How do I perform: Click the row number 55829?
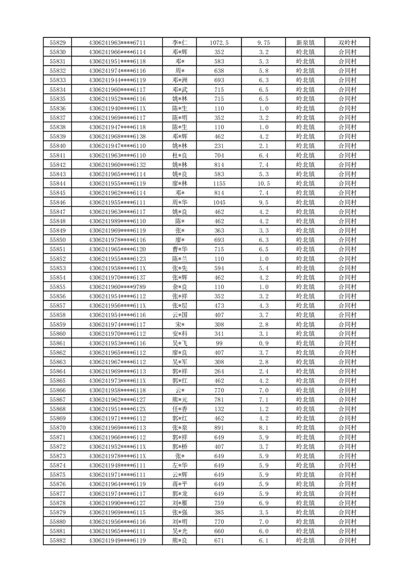57,43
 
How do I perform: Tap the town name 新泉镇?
305,43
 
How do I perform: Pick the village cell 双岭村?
347,43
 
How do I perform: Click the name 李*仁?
180,43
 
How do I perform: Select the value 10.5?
263,183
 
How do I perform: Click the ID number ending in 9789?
117,287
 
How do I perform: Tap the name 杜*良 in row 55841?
180,155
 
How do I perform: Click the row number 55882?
57,540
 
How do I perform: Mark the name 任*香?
180,409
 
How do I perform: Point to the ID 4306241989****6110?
117,221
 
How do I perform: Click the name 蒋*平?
180,484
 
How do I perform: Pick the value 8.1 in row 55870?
263,428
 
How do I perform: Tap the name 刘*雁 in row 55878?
180,503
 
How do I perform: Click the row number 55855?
57,287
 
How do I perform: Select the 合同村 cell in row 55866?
347,390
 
